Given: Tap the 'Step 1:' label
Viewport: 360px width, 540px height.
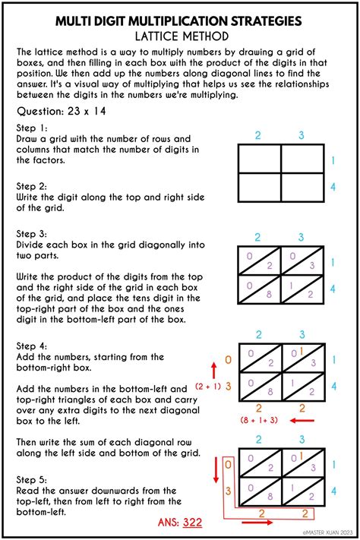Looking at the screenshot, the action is tap(33, 128).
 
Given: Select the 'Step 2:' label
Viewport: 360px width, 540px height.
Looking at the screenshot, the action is tap(33, 185).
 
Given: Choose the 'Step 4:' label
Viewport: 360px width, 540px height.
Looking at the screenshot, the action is tap(33, 346).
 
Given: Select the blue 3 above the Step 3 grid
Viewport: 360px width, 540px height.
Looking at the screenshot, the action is tap(302, 238).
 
